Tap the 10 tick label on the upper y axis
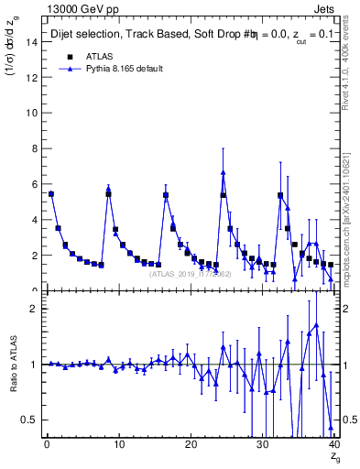point(33,113)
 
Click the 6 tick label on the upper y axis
point(36,184)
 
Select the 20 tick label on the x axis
point(190,445)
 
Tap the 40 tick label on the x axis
point(333,445)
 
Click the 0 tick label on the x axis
point(46,445)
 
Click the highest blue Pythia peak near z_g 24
point(224,172)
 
